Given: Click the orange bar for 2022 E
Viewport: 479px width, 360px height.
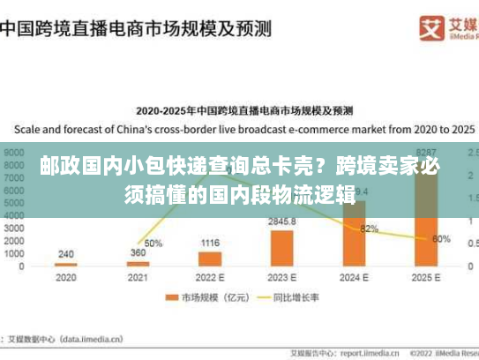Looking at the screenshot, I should (210, 259).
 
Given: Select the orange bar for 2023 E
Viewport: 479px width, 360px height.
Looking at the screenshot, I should (282, 248).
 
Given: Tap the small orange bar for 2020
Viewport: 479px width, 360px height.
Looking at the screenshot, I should (66, 264).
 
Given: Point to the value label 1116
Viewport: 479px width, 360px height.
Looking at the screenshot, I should (210, 243).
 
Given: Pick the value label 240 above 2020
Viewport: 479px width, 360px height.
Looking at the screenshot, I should (66, 253).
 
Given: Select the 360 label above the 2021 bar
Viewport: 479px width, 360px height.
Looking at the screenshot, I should (138, 252).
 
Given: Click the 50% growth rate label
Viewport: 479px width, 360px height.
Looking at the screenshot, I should (153, 243).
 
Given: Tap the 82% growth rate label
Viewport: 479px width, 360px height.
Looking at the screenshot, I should (370, 229).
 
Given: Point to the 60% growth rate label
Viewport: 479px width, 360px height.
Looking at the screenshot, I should (442, 238).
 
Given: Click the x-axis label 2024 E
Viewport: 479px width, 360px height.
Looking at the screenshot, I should (355, 277).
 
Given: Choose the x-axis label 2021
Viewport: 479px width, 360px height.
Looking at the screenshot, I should (138, 277).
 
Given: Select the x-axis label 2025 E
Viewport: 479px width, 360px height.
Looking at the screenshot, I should (426, 277).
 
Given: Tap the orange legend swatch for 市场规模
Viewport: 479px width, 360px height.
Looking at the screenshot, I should (173, 298).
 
